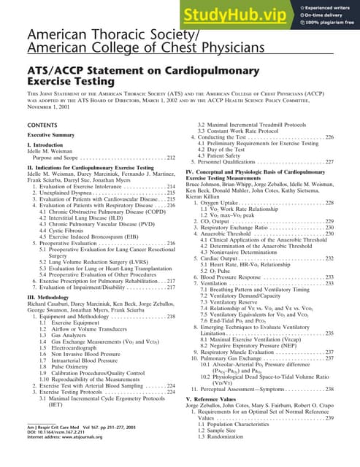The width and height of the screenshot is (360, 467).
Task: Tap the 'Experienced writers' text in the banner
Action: coord(327,4)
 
